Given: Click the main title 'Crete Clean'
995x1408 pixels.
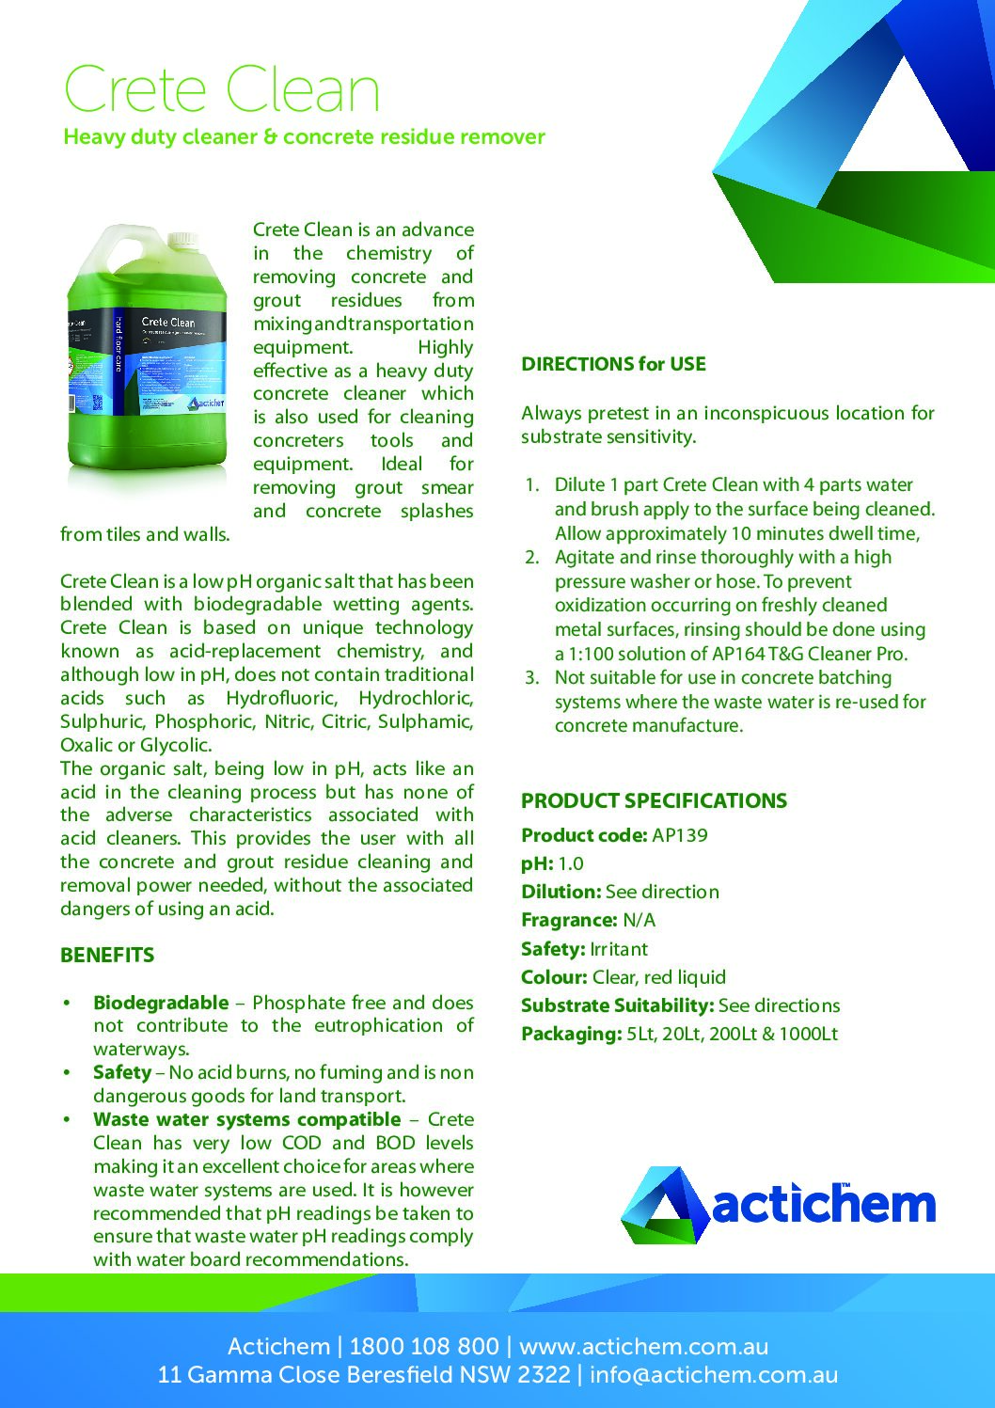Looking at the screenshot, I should tap(222, 90).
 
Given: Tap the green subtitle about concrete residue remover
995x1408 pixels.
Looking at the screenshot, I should tap(304, 137).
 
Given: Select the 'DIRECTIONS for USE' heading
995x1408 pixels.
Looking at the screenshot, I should tap(613, 364).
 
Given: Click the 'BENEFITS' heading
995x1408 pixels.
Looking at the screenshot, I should tap(107, 956).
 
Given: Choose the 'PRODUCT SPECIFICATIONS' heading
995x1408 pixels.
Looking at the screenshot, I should tap(654, 801).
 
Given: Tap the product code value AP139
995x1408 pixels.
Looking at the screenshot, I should tap(679, 835).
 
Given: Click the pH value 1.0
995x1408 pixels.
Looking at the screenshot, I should tap(570, 863).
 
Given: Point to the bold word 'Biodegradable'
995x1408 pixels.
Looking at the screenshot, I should tap(161, 1003).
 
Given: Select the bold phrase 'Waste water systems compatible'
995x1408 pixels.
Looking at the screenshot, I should tap(246, 1119).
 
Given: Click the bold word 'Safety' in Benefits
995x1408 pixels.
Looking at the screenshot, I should tap(122, 1072).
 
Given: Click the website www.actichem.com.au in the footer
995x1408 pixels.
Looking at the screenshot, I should tap(643, 1346).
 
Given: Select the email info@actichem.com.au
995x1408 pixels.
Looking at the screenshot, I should tap(714, 1375).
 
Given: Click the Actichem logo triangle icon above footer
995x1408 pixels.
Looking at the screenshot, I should tap(663, 1205).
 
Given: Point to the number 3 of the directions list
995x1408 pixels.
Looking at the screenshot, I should tap(532, 678).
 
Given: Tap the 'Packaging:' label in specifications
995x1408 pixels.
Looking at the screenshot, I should tap(571, 1034).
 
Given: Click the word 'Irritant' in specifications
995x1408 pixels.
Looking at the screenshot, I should tap(619, 949).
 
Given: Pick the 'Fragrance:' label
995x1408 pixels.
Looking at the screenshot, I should tap(569, 920).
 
